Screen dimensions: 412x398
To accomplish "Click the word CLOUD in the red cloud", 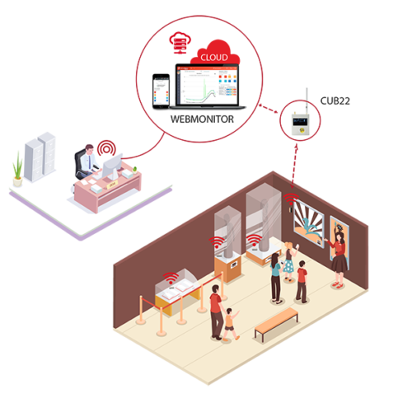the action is click(214, 57).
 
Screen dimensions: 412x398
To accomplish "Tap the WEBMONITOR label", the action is click(202, 119).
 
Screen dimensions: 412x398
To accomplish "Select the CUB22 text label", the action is click(335, 101).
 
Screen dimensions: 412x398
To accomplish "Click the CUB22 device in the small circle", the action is click(301, 124).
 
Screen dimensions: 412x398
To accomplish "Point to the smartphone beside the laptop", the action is click(161, 91).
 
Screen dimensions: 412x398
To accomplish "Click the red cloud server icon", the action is click(180, 43).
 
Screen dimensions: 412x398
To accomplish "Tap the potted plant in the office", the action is click(17, 171).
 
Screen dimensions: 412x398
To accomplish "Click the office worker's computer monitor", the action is click(113, 166).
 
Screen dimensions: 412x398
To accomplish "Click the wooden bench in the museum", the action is click(276, 324).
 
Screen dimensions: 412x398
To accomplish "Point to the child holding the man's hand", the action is click(231, 324).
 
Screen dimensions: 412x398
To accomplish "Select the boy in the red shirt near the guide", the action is click(302, 282).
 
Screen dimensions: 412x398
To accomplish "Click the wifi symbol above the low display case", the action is click(171, 279).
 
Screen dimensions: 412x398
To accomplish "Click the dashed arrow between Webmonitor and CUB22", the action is click(269, 109).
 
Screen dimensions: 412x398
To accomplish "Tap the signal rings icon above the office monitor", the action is click(106, 148).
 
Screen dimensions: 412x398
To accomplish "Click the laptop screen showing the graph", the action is click(208, 86).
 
